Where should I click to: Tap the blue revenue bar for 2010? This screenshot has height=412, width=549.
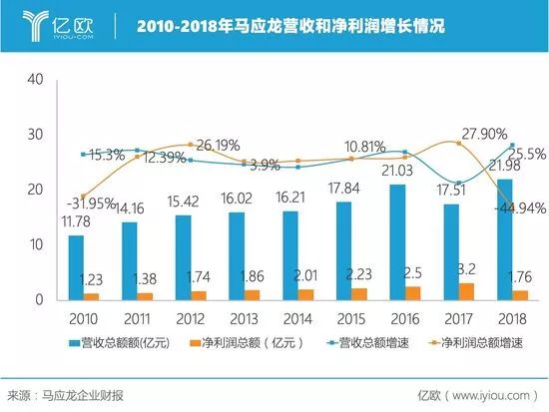[x=76, y=267]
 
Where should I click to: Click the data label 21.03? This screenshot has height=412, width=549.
[x=398, y=175]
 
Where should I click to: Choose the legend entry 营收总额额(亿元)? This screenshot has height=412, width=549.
[x=116, y=343]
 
